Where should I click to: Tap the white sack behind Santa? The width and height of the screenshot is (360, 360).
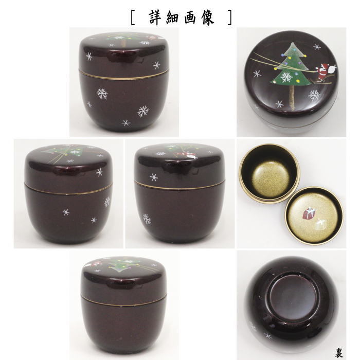[333, 67]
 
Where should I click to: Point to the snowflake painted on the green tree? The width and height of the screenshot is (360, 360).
[287, 77]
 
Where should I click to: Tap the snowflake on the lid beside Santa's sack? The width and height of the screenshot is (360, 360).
[317, 47]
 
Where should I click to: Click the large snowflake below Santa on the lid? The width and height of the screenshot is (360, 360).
[314, 95]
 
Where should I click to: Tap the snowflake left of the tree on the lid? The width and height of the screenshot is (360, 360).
[257, 74]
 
